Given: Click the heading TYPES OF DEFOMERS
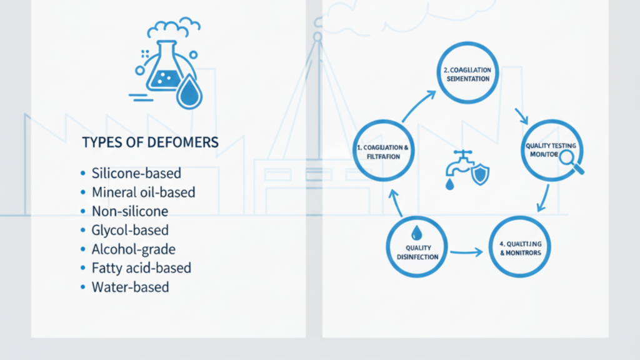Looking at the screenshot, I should pos(150,142).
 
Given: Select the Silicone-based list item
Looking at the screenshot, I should pos(136,173).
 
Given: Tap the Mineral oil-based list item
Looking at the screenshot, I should pos(143,192).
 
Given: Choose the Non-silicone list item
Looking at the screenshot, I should pos(129,211).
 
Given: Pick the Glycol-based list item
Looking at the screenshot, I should pos(130,231).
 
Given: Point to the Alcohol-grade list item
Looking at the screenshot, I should pos(133,249).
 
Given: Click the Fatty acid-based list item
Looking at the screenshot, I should pos(141,268).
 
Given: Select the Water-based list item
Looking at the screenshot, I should pos(130,287).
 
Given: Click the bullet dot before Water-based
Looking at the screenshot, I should pos(83,288).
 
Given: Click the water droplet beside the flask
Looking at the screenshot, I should pos(189,93).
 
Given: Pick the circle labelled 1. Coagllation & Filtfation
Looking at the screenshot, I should pos(383,151).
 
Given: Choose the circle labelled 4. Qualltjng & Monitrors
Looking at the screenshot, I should pos(521,247).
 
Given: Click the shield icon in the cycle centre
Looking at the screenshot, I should pos(480,174).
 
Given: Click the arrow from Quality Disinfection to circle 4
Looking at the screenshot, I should pos(467,252).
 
